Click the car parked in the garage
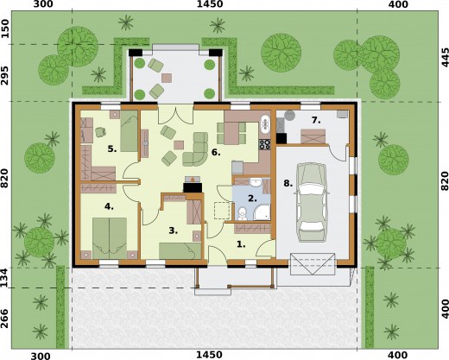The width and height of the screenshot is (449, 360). click(x=312, y=203)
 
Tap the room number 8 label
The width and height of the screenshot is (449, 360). click(x=288, y=183)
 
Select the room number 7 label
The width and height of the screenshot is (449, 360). click(x=316, y=120)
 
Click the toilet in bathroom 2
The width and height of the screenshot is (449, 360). click(x=243, y=213)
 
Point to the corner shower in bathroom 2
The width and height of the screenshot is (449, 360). click(x=262, y=212)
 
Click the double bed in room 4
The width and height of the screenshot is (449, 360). click(x=110, y=237)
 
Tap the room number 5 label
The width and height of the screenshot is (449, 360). click(x=112, y=148)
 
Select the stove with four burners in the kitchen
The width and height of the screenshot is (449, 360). click(x=265, y=144)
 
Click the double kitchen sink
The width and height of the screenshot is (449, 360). click(x=265, y=124)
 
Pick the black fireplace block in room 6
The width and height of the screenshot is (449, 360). click(x=193, y=187)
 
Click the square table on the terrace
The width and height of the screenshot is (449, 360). click(x=167, y=78)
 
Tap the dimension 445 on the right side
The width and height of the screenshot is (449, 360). click(x=445, y=58)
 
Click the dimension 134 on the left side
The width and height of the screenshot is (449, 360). click(x=4, y=278)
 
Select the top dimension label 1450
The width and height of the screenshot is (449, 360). click(x=210, y=4)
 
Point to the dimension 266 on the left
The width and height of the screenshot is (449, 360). click(x=4, y=319)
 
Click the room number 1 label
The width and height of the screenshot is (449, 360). click(x=241, y=244)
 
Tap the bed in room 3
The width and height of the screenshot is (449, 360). click(x=180, y=250)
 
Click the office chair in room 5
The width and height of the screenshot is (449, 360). click(x=100, y=132)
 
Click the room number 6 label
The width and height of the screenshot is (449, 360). click(x=216, y=152)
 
